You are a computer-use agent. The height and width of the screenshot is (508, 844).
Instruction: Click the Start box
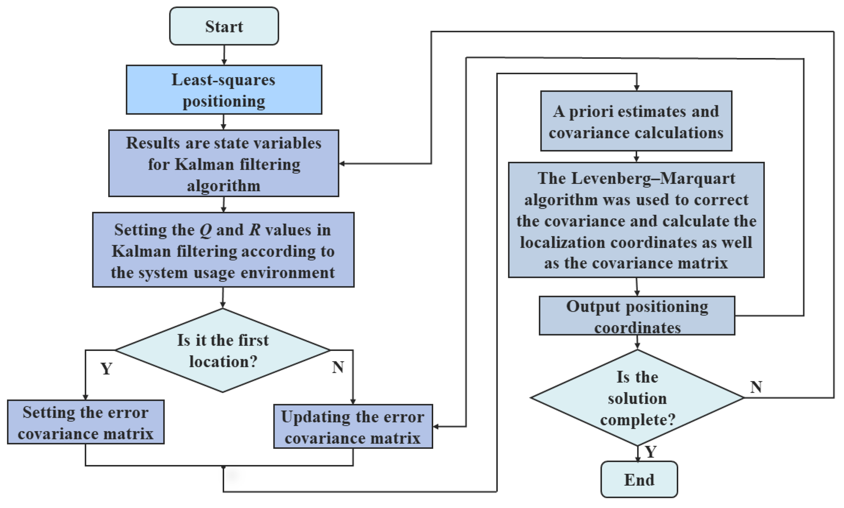224,26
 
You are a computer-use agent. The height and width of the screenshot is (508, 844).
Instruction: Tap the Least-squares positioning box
224,90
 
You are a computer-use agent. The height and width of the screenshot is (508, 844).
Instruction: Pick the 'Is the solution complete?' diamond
637,398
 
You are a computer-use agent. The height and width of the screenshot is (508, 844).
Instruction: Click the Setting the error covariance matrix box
86,422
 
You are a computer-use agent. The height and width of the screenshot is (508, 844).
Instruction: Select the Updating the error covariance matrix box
353,427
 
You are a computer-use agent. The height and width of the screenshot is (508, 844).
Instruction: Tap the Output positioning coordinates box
637,316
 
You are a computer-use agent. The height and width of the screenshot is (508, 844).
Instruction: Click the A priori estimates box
636,121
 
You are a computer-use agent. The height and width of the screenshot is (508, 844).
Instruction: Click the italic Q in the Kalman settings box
206,230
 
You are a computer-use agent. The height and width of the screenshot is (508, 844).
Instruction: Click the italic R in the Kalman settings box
254,230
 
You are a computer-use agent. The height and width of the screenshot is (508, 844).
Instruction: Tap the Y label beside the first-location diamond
106,368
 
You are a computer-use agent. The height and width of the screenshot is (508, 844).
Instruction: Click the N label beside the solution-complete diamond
756,387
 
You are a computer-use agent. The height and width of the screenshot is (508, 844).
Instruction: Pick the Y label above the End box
651,452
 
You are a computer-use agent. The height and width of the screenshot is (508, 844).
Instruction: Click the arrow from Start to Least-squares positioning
224,55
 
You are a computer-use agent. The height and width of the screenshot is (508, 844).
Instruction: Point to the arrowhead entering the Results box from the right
342,164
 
